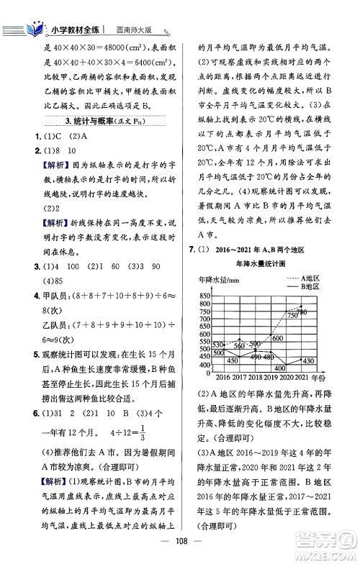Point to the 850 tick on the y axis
click(202, 295)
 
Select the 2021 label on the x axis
click(301, 377)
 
